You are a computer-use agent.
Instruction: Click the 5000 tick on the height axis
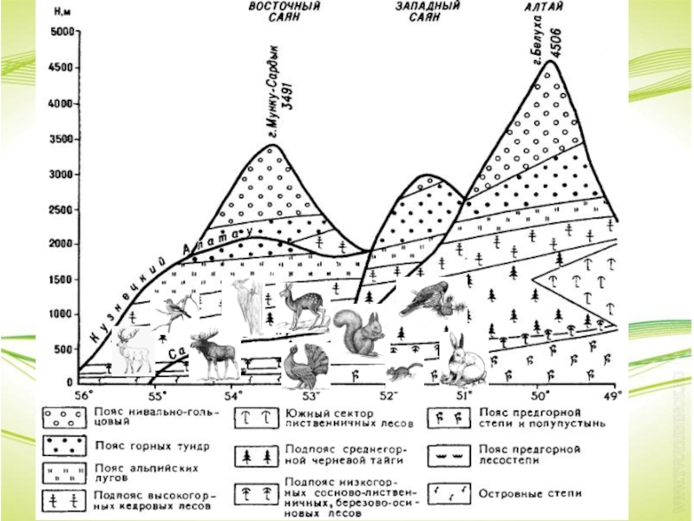point(61,33)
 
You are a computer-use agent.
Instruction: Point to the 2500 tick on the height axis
point(61,209)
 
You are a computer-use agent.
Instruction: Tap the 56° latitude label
point(83,395)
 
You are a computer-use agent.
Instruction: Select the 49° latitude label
point(612,395)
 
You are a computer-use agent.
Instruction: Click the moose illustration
point(210,354)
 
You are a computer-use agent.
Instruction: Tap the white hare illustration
point(462,359)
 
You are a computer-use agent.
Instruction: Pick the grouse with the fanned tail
point(305,363)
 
